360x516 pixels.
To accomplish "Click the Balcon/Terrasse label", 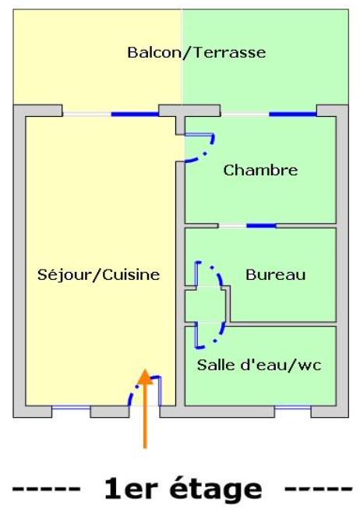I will [x=196, y=53].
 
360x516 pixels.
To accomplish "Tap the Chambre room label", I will [x=260, y=170].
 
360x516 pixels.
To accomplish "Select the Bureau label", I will [x=275, y=274].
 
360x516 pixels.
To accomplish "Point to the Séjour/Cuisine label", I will [x=98, y=274].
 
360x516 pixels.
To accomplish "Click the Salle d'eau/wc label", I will [x=259, y=364].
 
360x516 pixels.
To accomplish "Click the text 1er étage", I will [x=182, y=489].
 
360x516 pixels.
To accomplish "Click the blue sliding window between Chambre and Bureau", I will [x=261, y=226].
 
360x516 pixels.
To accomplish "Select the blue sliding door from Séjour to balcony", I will [x=135, y=115].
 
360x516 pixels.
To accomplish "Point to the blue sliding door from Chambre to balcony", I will [x=292, y=115].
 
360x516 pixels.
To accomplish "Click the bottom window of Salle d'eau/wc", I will [x=292, y=408].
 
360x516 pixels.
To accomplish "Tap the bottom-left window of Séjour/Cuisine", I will [x=71, y=408].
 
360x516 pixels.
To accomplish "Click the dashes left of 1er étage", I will [x=46, y=490].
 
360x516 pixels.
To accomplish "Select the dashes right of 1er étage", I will [x=317, y=490].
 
